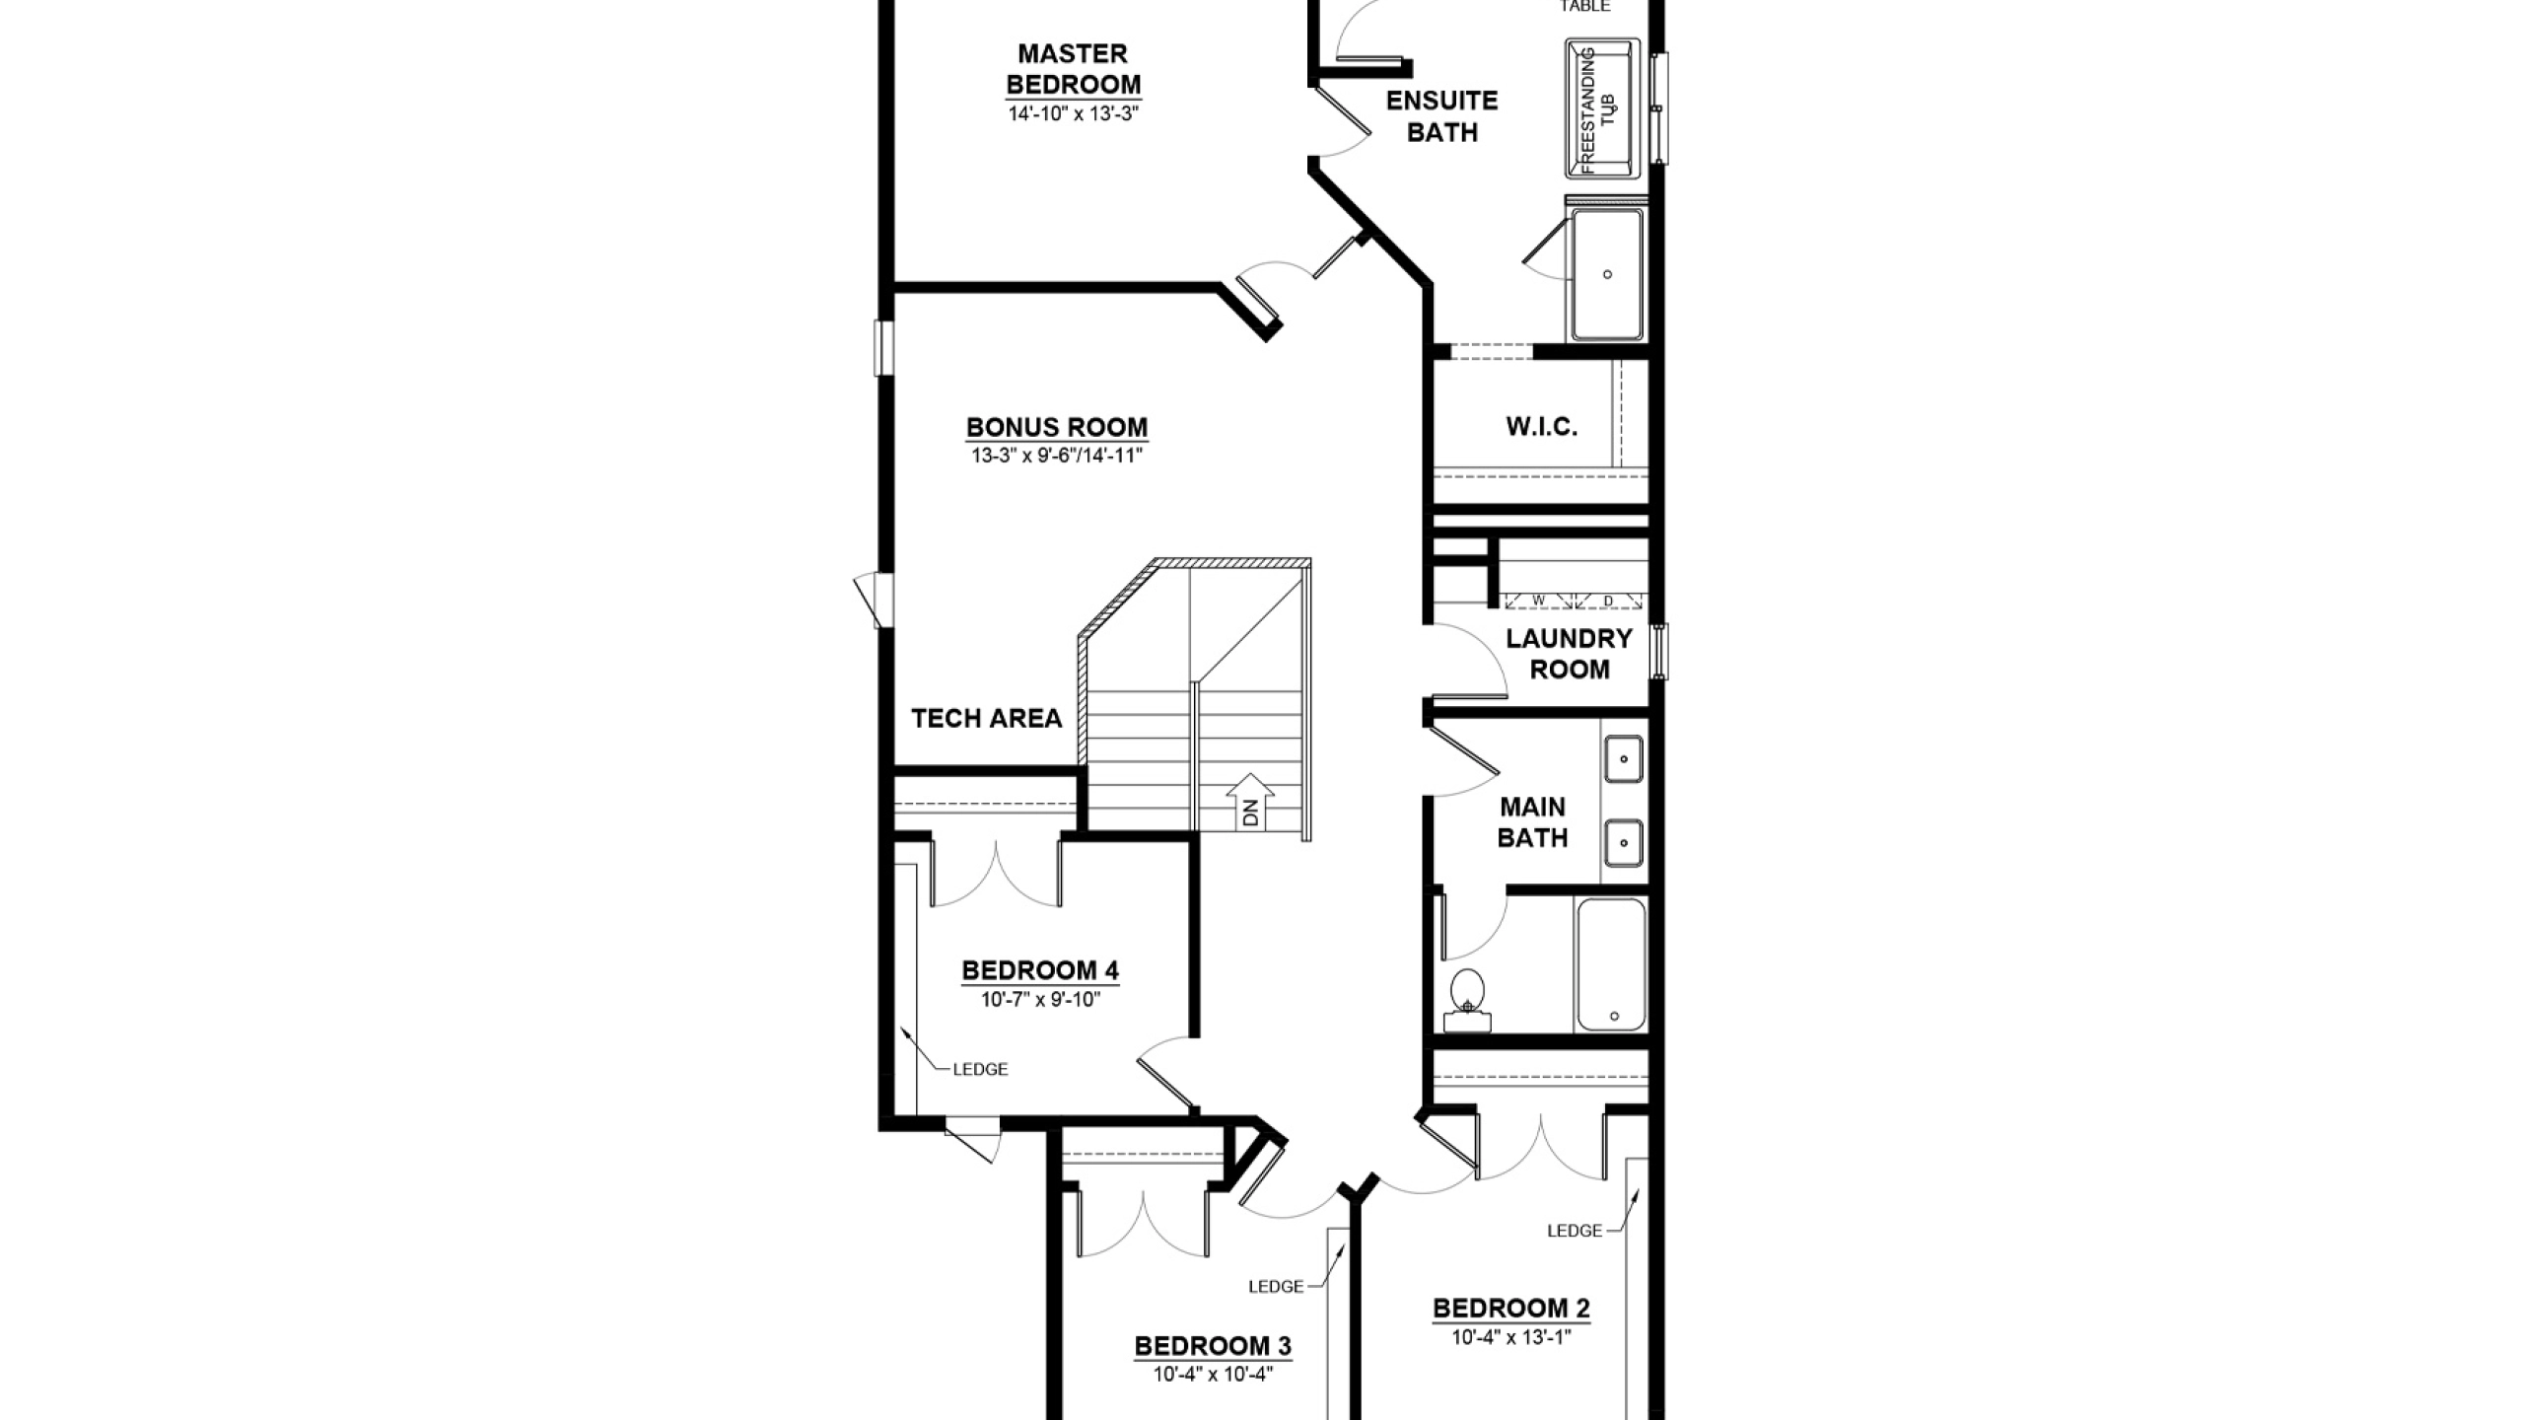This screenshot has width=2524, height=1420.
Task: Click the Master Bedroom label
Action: pyautogui.click(x=1073, y=68)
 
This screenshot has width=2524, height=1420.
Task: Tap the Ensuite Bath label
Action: pyautogui.click(x=1441, y=116)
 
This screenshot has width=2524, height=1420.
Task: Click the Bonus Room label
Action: pyautogui.click(x=1056, y=427)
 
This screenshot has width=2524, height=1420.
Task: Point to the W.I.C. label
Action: pyautogui.click(x=1542, y=427)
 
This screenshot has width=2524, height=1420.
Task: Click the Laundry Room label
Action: pyautogui.click(x=1569, y=654)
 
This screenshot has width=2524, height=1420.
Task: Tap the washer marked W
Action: pyautogui.click(x=1538, y=600)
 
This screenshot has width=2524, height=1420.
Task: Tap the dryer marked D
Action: pyautogui.click(x=1608, y=600)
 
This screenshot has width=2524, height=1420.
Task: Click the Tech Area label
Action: pyautogui.click(x=986, y=718)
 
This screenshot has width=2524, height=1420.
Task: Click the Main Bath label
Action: pyautogui.click(x=1532, y=822)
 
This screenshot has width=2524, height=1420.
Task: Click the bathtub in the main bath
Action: pyautogui.click(x=1611, y=964)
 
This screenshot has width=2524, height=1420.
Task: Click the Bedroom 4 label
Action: pyautogui.click(x=1040, y=971)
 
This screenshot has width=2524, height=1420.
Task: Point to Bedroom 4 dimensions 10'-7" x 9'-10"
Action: pyautogui.click(x=1040, y=1000)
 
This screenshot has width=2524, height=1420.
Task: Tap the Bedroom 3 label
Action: pyautogui.click(x=1213, y=1346)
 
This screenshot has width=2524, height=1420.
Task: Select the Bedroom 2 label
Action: pyautogui.click(x=1511, y=1309)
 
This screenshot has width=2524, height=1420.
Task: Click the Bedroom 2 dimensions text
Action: pyautogui.click(x=1511, y=1338)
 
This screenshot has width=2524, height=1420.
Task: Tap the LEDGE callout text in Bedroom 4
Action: pyautogui.click(x=980, y=1069)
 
